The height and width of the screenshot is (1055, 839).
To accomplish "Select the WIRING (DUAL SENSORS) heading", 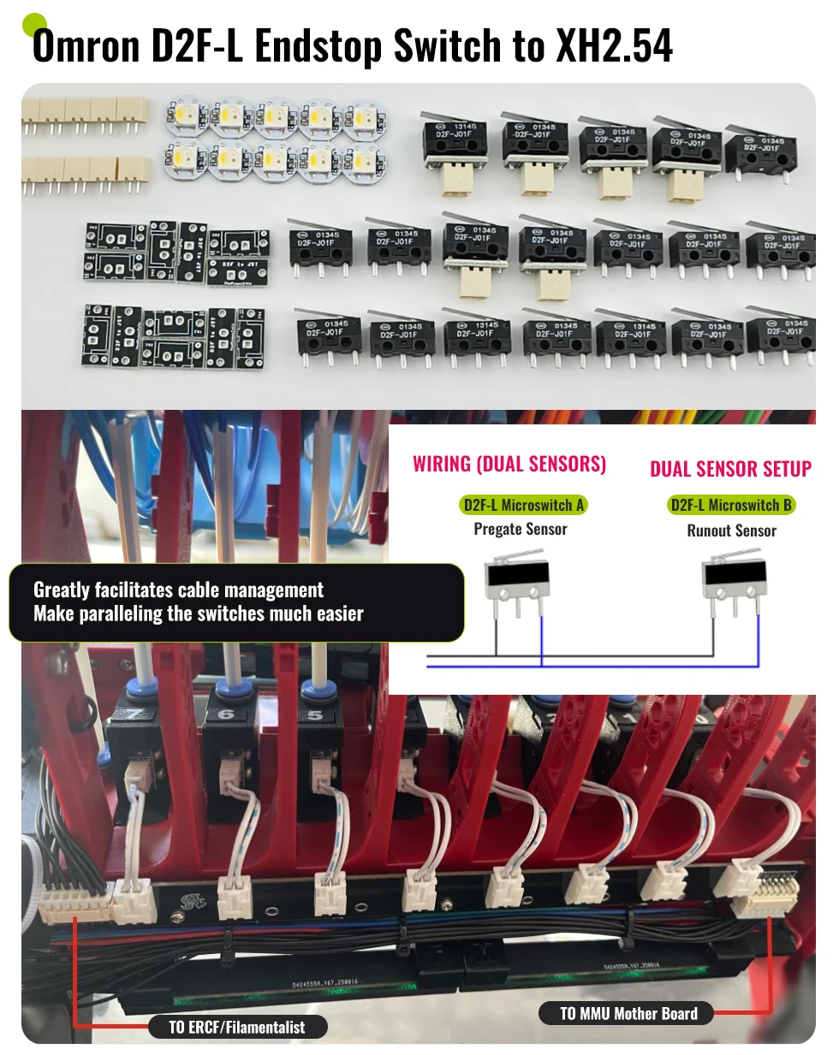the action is click(x=509, y=464).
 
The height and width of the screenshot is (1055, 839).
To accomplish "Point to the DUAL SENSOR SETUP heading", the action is click(x=730, y=469).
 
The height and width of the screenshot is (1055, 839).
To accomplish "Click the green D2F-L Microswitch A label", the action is click(x=523, y=505).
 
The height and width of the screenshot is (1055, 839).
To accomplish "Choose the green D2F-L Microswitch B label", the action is click(x=731, y=505).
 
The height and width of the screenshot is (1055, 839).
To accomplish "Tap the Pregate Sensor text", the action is click(x=521, y=529).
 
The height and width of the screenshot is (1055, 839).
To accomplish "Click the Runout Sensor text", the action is click(x=731, y=530).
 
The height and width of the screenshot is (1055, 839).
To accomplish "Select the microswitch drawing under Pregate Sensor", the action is click(x=516, y=581).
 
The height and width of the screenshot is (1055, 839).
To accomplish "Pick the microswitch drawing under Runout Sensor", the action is click(x=732, y=582).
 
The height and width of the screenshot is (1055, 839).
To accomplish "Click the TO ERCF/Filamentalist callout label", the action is click(x=236, y=1027).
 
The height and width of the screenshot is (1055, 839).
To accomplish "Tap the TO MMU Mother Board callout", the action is click(x=628, y=1014).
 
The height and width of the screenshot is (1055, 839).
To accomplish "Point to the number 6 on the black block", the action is click(x=226, y=714).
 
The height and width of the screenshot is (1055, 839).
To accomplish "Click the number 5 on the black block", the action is click(x=315, y=714).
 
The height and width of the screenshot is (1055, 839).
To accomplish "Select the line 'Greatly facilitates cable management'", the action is click(x=178, y=590).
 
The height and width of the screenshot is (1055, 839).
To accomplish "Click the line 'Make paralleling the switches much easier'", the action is click(x=199, y=613).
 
